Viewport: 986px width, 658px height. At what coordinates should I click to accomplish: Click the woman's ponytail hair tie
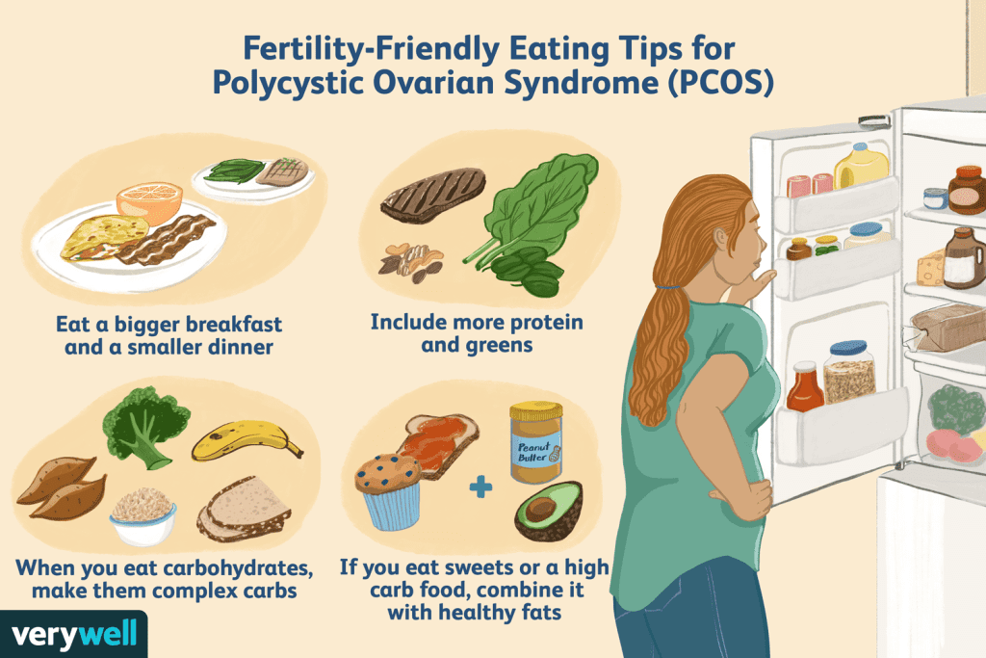665,286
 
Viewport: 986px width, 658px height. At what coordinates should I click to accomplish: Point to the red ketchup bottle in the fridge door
805,387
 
